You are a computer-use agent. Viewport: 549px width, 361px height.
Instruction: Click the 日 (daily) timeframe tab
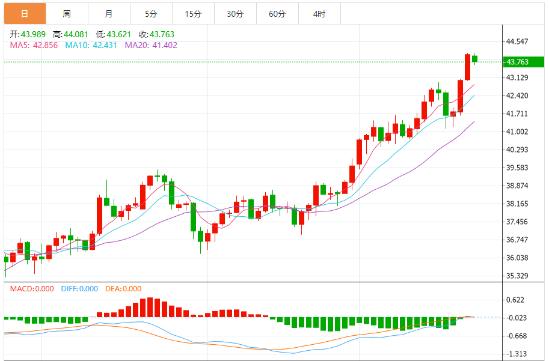[24, 14]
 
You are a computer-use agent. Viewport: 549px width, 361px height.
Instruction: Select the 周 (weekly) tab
[67, 14]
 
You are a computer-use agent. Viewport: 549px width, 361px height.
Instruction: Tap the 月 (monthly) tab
[108, 14]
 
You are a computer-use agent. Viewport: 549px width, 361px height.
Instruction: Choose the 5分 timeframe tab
[151, 14]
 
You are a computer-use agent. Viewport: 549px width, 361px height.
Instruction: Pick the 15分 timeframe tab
[193, 14]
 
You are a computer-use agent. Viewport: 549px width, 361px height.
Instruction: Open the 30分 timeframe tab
[235, 14]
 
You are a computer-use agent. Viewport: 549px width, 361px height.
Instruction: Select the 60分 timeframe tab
[277, 14]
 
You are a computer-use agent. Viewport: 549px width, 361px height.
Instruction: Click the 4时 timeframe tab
[319, 14]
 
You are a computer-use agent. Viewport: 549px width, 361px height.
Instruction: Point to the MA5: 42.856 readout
[34, 45]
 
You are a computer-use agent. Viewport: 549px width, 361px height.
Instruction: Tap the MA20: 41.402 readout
[151, 45]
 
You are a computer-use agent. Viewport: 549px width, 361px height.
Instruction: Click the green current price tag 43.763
[521, 62]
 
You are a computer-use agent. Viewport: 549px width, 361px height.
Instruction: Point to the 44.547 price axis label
[517, 41]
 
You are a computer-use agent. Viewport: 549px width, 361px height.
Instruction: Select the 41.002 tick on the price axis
[517, 132]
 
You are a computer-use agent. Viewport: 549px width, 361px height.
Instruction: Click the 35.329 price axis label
[517, 276]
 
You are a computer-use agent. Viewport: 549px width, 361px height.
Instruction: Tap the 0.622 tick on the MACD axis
[515, 300]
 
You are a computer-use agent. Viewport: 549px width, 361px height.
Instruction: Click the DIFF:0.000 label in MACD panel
[79, 289]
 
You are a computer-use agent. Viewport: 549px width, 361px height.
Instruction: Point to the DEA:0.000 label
[123, 289]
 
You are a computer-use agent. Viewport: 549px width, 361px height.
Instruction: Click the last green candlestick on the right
[475, 58]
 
